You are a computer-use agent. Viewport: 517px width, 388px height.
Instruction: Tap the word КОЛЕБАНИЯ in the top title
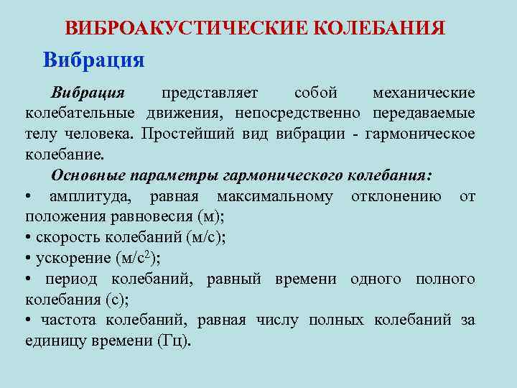(380, 28)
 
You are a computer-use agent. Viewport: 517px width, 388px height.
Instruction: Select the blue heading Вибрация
(94, 59)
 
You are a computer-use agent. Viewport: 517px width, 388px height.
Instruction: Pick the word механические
(424, 94)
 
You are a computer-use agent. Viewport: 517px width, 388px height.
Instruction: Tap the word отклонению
(397, 197)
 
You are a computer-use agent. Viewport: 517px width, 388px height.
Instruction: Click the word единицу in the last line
(54, 341)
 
